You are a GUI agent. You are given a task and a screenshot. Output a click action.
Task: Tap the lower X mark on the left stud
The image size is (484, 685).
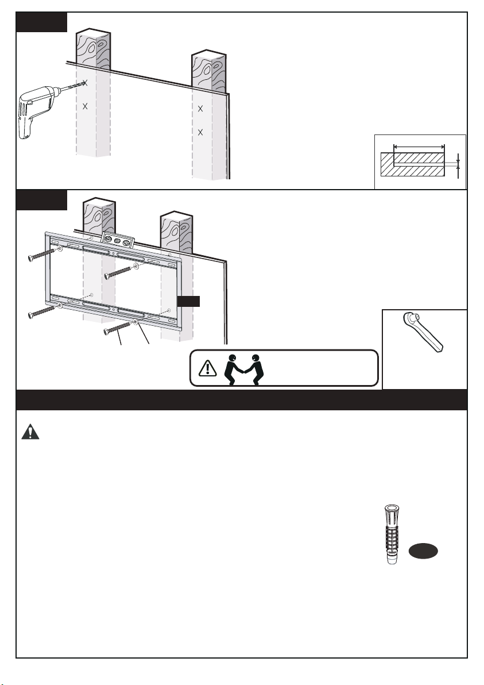point(85,106)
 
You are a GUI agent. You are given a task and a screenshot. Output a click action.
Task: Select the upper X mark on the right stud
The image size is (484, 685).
point(200,109)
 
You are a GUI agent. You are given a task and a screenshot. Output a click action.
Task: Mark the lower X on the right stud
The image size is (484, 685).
point(200,133)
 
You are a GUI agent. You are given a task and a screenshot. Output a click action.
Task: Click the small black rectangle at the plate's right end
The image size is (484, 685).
point(188,301)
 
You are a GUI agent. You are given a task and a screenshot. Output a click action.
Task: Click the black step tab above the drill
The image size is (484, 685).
point(42,22)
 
